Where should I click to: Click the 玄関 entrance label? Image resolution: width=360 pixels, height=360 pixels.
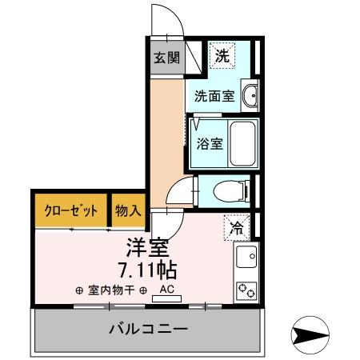point(166,58)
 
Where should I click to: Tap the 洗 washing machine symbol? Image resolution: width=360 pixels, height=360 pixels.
point(223,57)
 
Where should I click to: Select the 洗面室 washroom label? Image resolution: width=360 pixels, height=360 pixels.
point(214,97)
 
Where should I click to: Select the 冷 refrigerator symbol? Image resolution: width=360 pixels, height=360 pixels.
point(237,228)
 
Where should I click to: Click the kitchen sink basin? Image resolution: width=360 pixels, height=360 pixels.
point(246,258)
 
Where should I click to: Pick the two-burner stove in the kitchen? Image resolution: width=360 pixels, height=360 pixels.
point(246,289)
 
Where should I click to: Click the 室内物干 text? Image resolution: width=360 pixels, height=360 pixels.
point(111,290)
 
